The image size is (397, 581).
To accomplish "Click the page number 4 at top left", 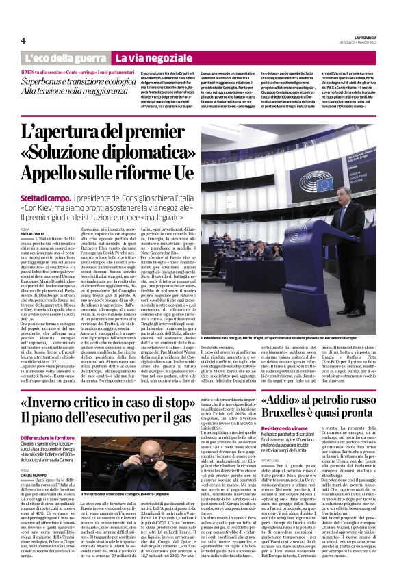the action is point(14,41).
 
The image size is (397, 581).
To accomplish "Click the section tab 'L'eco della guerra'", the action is point(73,59).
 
